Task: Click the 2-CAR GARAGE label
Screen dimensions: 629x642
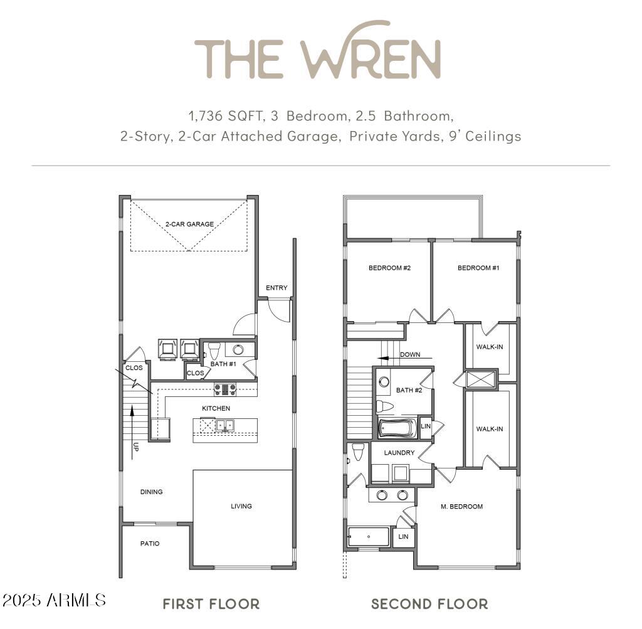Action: coord(189,224)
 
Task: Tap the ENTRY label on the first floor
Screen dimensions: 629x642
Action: coord(276,288)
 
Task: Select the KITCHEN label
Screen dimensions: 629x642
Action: coord(216,408)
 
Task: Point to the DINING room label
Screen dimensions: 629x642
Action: coord(151,492)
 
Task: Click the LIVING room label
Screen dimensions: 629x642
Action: coord(241,506)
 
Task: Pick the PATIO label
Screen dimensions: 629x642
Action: coord(149,544)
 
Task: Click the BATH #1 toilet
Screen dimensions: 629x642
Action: coord(213,349)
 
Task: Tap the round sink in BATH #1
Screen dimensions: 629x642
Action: coord(238,349)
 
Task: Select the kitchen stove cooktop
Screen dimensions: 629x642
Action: coord(225,389)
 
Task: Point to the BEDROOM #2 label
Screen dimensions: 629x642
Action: coord(389,268)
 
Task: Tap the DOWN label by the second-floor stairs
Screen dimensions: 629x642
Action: coord(410,354)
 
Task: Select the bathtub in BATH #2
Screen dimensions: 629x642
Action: coord(397,429)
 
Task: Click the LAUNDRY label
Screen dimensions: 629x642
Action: coord(399,452)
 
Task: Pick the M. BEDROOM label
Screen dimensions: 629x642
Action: coord(462,506)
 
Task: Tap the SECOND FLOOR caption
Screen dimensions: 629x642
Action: coord(429,604)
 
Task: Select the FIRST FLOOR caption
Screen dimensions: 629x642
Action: coord(211,604)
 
